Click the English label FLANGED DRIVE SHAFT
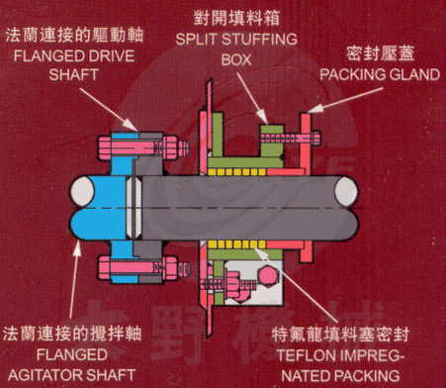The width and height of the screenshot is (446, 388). (x=74, y=65)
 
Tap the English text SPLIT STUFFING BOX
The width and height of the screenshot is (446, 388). (x=236, y=49)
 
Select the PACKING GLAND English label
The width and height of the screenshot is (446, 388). (x=380, y=74)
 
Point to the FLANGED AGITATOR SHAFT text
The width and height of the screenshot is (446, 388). (x=72, y=365)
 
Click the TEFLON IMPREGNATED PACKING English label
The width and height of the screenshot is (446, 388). (x=340, y=365)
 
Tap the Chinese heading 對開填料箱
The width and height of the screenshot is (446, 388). (x=236, y=18)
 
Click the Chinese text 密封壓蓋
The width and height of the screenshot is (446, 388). (x=381, y=53)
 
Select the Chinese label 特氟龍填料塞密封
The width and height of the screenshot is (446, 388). (x=340, y=335)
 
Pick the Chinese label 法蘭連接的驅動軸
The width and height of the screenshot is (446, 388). (x=74, y=36)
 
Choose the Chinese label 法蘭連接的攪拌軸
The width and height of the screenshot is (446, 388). (x=72, y=334)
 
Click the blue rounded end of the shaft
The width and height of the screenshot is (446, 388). (x=96, y=207)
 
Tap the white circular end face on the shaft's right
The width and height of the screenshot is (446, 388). (x=346, y=192)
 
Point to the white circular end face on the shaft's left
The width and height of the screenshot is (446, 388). (x=83, y=192)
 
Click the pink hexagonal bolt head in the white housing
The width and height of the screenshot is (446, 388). (x=268, y=276)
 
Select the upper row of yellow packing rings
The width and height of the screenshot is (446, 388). (x=236, y=171)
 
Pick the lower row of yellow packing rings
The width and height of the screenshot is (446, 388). (x=236, y=244)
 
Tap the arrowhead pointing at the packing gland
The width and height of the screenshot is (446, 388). (x=312, y=108)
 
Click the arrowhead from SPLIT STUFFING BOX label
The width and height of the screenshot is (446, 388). (x=263, y=118)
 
